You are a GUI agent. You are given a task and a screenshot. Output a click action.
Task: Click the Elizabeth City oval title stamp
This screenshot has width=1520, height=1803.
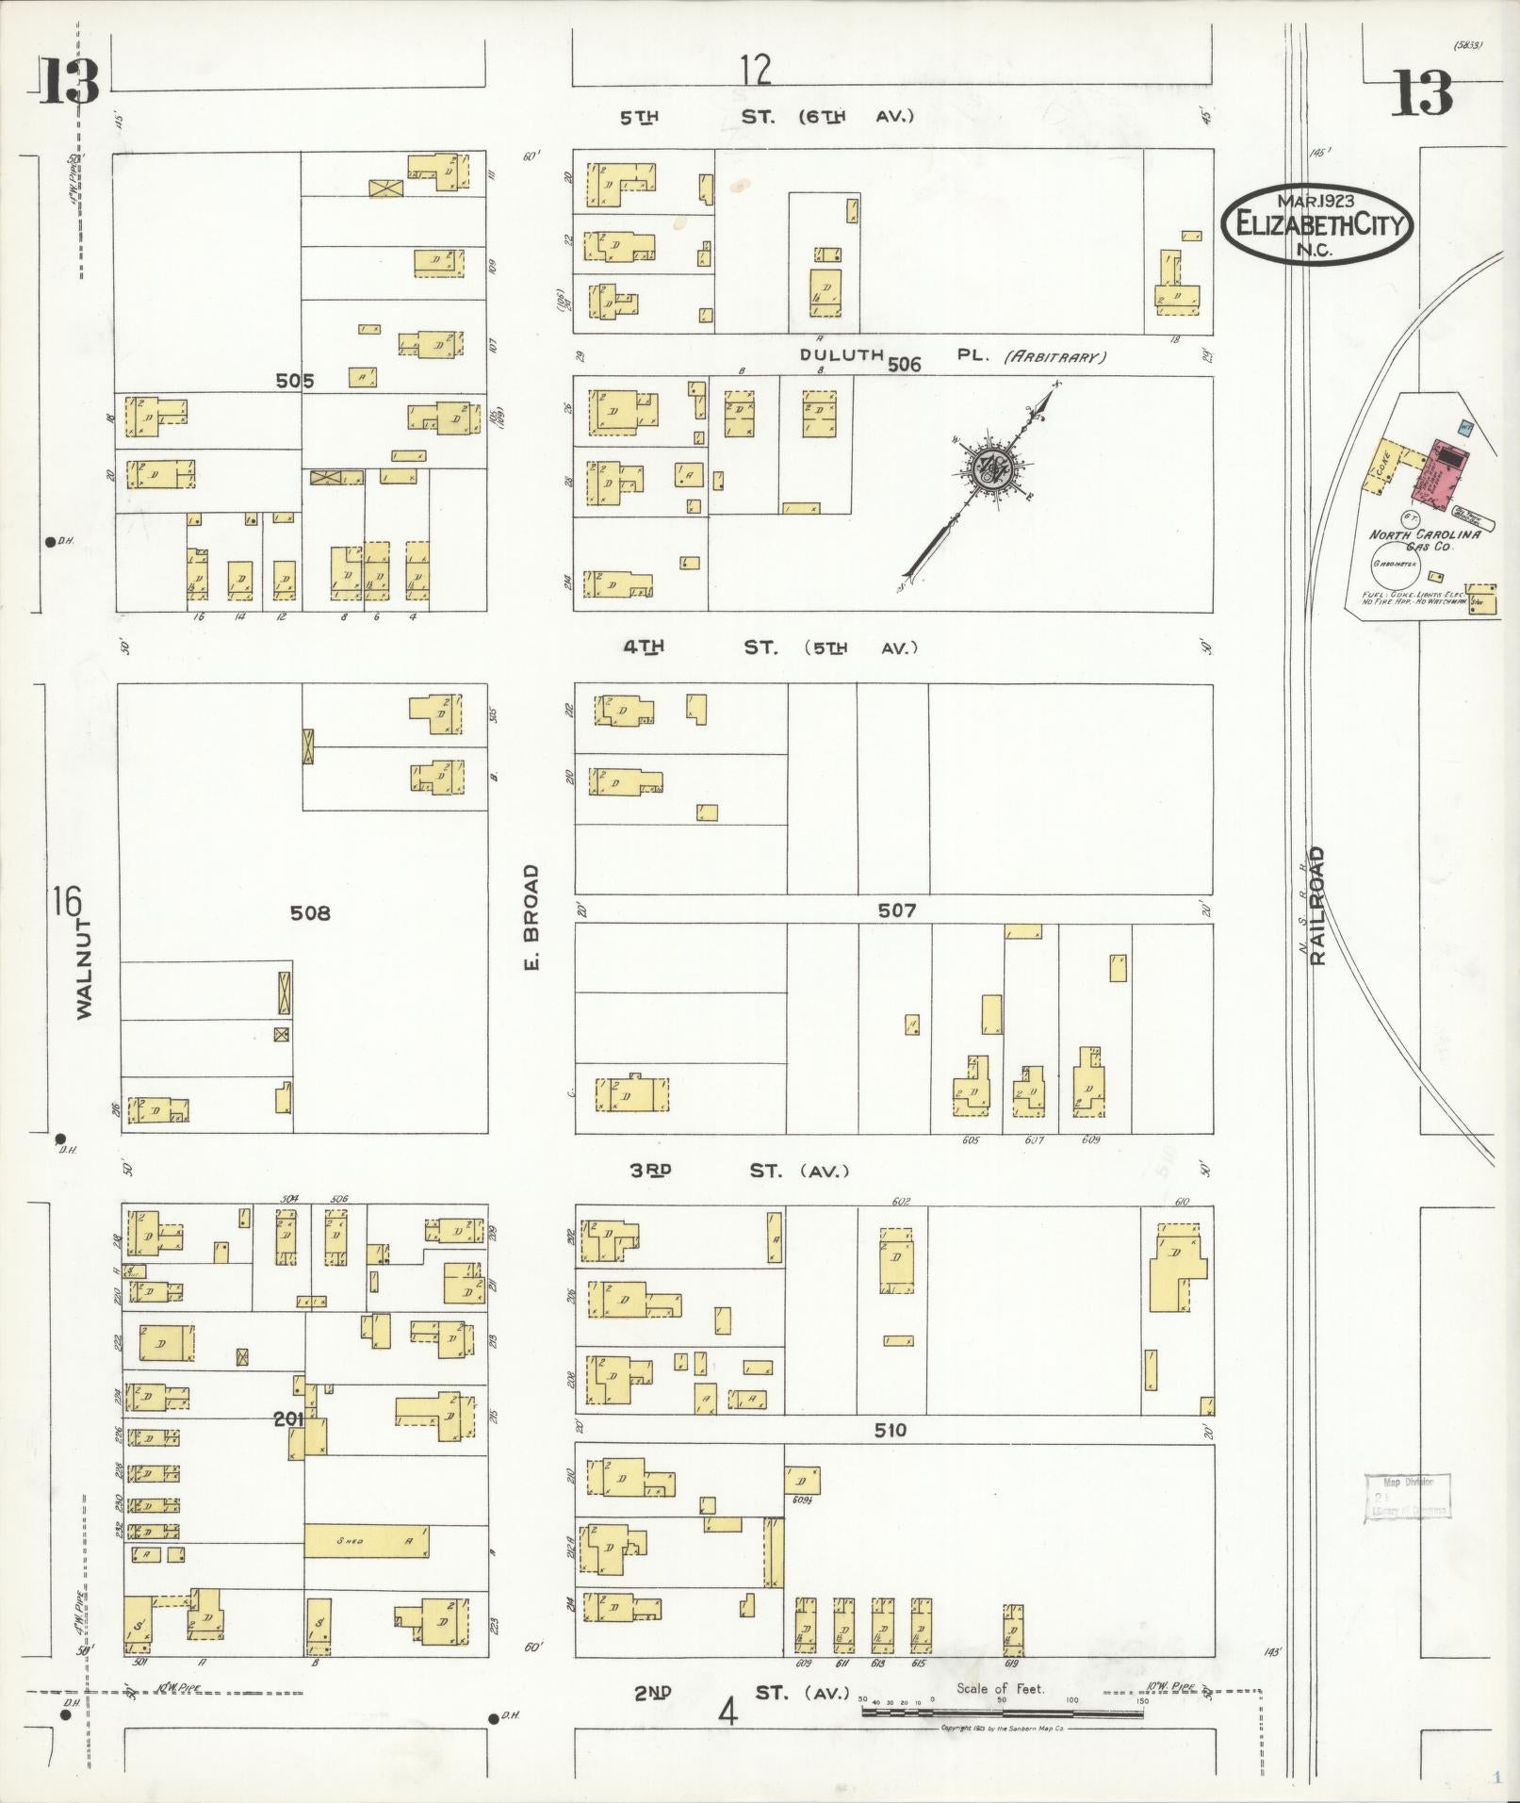point(1317,224)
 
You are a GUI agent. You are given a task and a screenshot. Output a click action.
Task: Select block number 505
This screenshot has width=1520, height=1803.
point(295,382)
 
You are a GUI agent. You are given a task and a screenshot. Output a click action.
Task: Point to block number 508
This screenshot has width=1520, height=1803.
point(310,913)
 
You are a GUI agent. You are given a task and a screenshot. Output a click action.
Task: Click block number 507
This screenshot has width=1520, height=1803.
point(896,910)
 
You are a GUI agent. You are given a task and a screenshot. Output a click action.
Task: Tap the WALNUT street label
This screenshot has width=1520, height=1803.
point(85,969)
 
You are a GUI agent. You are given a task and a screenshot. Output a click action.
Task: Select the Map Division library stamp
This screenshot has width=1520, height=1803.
point(1406,1497)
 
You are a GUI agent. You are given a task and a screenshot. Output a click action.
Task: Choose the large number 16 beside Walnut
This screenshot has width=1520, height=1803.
point(68,902)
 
